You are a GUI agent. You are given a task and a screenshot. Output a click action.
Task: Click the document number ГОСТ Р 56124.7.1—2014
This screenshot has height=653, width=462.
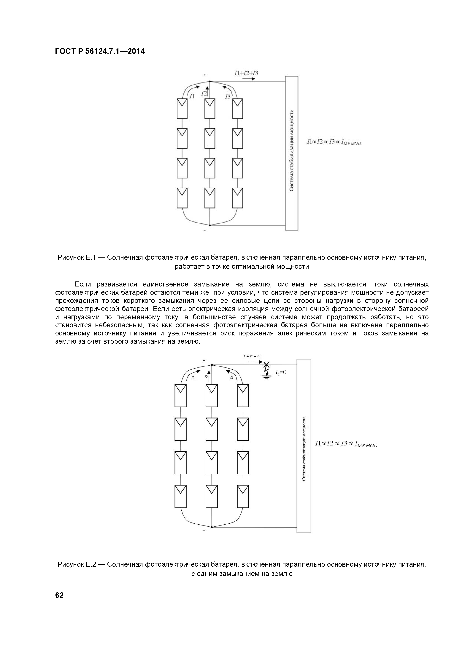coord(100,52)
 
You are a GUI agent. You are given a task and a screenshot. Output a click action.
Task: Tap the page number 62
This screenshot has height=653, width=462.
coord(59,595)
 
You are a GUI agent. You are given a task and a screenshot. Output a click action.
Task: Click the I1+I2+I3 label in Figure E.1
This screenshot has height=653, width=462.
coord(246,73)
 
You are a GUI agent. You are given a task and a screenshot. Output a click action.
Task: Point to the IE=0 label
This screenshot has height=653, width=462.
coord(281,372)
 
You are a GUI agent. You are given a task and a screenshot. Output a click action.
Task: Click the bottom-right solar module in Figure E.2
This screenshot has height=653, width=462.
coord(243,496)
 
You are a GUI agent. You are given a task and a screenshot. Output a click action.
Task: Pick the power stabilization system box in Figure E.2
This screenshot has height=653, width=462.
coord(304,446)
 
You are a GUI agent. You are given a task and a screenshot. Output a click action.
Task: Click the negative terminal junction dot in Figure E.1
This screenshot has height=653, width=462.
coord(210,225)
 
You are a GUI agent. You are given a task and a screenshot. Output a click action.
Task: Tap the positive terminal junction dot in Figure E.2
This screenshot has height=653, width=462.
coord(212,365)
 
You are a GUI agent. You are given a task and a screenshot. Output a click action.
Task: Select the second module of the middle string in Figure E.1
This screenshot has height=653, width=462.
coord(210,138)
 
